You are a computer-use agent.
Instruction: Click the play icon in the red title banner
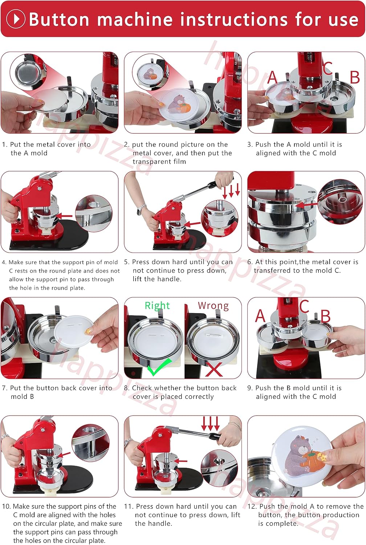[16, 19]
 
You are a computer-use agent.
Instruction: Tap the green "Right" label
[157, 305]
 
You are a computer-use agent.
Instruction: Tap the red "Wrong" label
[213, 306]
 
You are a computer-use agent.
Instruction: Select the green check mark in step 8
[159, 368]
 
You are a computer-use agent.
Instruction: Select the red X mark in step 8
[214, 369]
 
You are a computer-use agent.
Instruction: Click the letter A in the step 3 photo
[272, 77]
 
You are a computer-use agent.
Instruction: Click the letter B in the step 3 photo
[355, 77]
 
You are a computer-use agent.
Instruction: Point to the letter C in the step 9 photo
[304, 306]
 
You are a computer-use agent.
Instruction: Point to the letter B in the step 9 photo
[325, 316]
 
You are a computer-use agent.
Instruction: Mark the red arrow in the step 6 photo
[306, 205]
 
